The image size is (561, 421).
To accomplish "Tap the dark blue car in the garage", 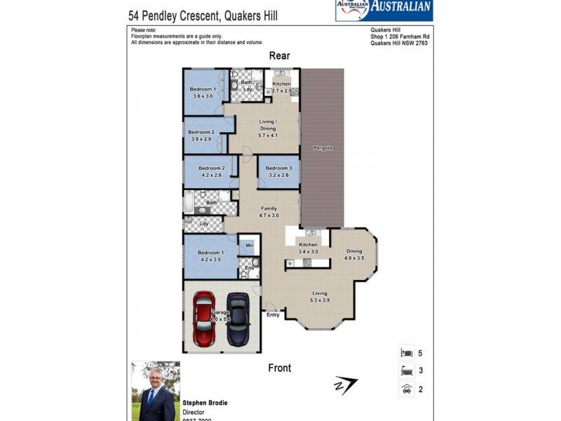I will [238, 319].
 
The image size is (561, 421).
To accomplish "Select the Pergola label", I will [323, 148].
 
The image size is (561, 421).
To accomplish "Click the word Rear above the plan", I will [279, 56].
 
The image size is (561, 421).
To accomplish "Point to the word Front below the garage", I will [279, 368].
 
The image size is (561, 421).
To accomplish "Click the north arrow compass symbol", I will [346, 385].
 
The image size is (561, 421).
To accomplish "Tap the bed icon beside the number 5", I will [406, 354].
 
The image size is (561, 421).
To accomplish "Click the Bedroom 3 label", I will [278, 168].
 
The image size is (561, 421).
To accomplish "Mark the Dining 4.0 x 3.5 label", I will [354, 255].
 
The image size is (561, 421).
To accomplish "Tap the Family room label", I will [269, 208].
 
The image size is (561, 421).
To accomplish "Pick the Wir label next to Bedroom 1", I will [249, 245].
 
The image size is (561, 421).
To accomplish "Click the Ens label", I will [248, 267].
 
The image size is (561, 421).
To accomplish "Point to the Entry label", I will [273, 314].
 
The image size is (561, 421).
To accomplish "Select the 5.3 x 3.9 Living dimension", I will [320, 300].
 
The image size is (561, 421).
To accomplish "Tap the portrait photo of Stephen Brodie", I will [156, 390].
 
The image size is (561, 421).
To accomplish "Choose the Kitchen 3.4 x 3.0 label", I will [309, 248].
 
